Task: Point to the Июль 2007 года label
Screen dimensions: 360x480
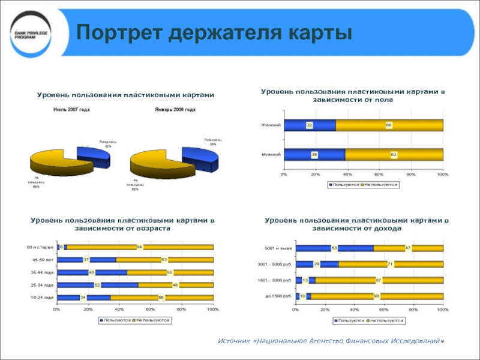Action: [71, 110]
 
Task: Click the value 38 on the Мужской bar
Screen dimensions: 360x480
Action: [314, 155]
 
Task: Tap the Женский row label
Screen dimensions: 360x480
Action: [271, 125]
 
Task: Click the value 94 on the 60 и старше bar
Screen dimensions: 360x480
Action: [139, 247]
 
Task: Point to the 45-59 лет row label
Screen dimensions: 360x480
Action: [44, 260]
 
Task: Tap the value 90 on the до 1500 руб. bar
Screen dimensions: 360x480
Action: [376, 296]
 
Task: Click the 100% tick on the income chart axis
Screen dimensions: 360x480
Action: [442, 310]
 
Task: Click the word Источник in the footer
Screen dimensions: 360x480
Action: [236, 341]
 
